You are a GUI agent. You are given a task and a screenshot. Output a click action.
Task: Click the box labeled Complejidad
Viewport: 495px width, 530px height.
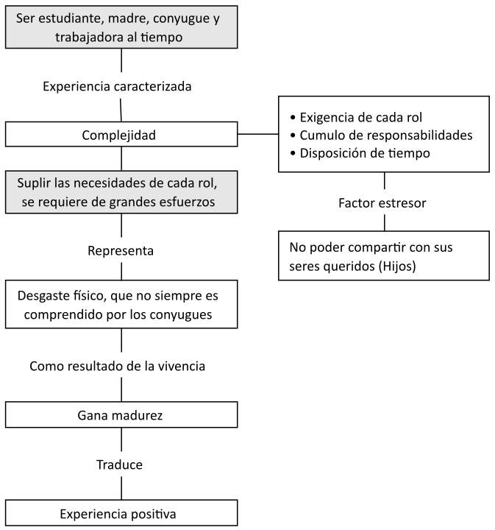[x=121, y=135]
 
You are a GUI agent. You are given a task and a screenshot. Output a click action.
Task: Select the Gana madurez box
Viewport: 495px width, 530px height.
[x=121, y=415]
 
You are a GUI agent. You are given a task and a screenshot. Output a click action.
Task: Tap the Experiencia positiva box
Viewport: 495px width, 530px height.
[x=121, y=512]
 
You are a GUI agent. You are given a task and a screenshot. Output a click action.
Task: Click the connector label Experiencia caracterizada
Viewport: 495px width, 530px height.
[x=117, y=87]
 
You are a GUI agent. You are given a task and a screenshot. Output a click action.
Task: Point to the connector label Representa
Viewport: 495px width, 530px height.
[x=121, y=251]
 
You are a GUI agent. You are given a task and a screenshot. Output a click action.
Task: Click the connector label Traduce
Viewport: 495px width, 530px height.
[x=119, y=464]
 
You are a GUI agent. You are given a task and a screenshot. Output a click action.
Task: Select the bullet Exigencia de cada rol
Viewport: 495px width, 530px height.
[x=360, y=118]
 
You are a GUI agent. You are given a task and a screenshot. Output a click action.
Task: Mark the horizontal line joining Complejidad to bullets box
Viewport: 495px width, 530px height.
[x=258, y=135]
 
